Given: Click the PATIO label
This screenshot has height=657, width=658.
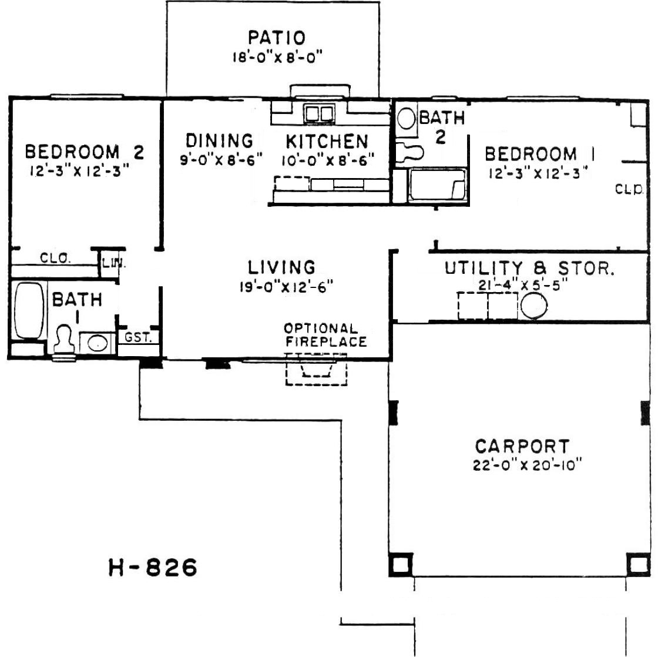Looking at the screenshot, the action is click(x=277, y=38).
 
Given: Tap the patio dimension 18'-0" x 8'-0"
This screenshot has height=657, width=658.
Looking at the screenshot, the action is click(x=277, y=56).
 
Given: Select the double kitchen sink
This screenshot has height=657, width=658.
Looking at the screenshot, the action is click(x=320, y=113).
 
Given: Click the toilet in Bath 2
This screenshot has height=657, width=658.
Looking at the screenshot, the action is click(x=409, y=152).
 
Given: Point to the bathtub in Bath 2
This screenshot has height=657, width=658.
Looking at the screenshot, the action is click(x=437, y=185).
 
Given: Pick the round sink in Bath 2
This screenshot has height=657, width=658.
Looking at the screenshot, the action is click(x=406, y=119).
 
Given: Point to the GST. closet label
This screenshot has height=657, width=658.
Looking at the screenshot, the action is click(x=137, y=337).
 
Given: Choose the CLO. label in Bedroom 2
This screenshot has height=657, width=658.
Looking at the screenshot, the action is click(x=55, y=258).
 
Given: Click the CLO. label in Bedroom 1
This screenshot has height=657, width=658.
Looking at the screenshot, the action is click(x=629, y=189).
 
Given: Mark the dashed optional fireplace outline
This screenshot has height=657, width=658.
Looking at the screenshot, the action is click(x=317, y=369).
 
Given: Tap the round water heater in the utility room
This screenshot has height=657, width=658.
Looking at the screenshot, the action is click(x=534, y=305).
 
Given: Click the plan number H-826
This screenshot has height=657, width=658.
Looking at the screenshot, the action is click(x=153, y=567).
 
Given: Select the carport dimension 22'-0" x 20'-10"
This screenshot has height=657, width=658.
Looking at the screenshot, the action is click(x=528, y=465).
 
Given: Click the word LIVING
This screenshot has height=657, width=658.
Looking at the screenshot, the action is click(x=281, y=267).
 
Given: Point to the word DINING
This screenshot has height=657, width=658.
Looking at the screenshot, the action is click(x=220, y=140).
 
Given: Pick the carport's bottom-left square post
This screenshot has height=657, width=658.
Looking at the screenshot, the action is click(x=401, y=564).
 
